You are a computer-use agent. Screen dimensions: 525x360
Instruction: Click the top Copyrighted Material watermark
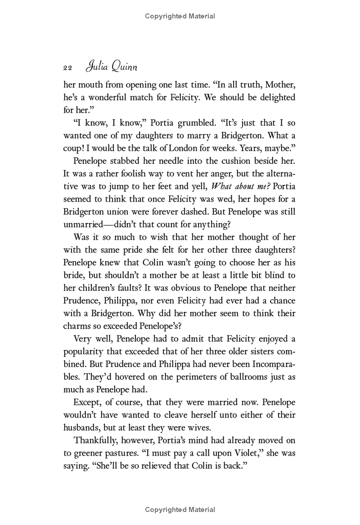coord(180,17)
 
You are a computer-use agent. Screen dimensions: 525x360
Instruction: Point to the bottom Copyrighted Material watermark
coord(180,510)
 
